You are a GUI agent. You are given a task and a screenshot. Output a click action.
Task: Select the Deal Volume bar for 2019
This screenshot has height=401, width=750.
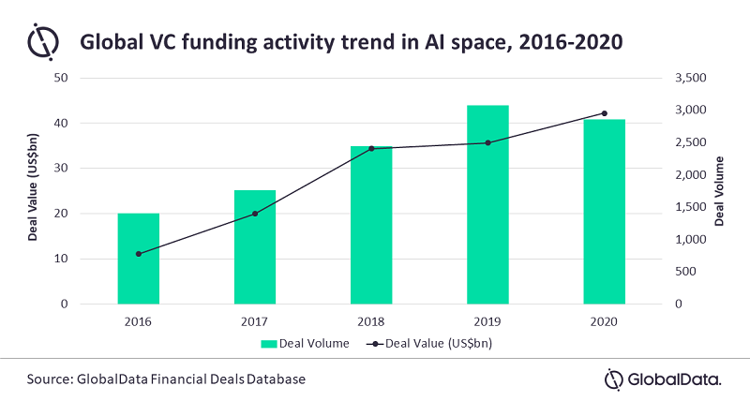pos(487,204)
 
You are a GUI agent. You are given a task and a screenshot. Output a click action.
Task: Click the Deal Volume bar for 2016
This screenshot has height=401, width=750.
pos(138,259)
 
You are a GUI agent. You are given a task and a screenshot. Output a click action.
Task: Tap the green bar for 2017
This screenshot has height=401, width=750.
pos(255,247)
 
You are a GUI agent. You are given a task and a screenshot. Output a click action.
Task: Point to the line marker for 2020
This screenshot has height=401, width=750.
pos(604,113)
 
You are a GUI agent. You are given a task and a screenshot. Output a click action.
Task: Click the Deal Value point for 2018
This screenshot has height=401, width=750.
pos(371,148)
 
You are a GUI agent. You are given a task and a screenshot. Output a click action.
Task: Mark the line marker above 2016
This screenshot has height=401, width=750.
pos(139,254)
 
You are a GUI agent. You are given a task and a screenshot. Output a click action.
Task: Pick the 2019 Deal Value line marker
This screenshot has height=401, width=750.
pos(487,142)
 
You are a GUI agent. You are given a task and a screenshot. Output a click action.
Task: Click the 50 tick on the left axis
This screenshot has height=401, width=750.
pos(63,78)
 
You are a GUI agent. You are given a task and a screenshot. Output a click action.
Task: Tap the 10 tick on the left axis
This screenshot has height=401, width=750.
pos(63,259)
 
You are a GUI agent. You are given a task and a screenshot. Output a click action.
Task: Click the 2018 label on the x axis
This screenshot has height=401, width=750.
pos(371,320)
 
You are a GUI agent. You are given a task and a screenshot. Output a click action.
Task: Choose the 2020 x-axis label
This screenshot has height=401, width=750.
pos(604,320)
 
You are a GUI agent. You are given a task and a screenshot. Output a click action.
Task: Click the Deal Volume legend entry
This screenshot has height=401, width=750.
pos(306,344)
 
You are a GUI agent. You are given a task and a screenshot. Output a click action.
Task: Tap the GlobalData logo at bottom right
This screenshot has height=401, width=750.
pos(662,379)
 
